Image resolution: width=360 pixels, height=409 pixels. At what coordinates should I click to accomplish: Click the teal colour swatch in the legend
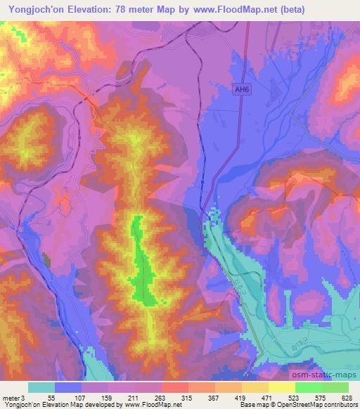click(x=41, y=387)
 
